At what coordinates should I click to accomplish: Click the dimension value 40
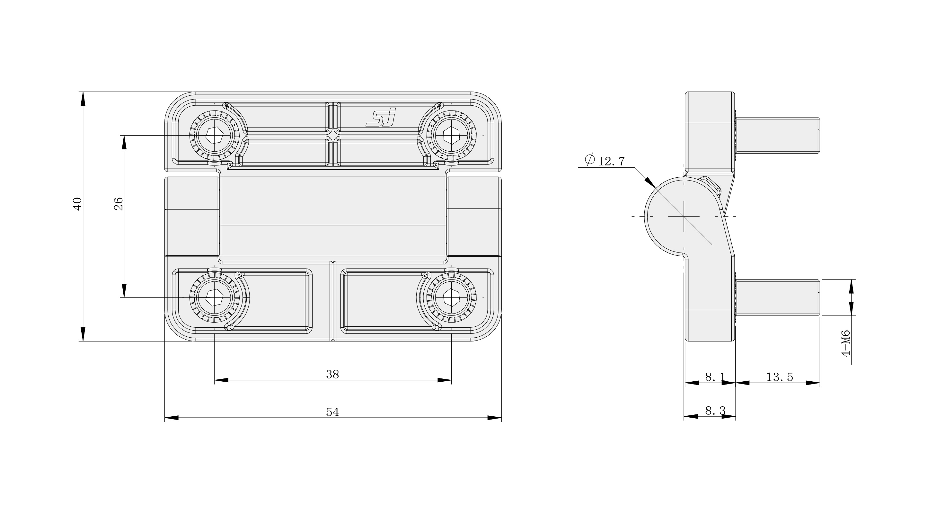point(78,203)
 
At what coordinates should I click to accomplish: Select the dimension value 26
point(119,204)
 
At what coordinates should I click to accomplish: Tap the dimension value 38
point(332,375)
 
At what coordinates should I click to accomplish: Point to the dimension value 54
point(332,412)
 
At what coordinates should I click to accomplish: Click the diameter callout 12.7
point(605,160)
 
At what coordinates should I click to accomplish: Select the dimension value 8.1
point(715,377)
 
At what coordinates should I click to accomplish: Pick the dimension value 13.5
point(780,377)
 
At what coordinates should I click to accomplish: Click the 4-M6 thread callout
point(845,343)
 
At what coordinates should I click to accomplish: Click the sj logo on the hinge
point(381,117)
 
